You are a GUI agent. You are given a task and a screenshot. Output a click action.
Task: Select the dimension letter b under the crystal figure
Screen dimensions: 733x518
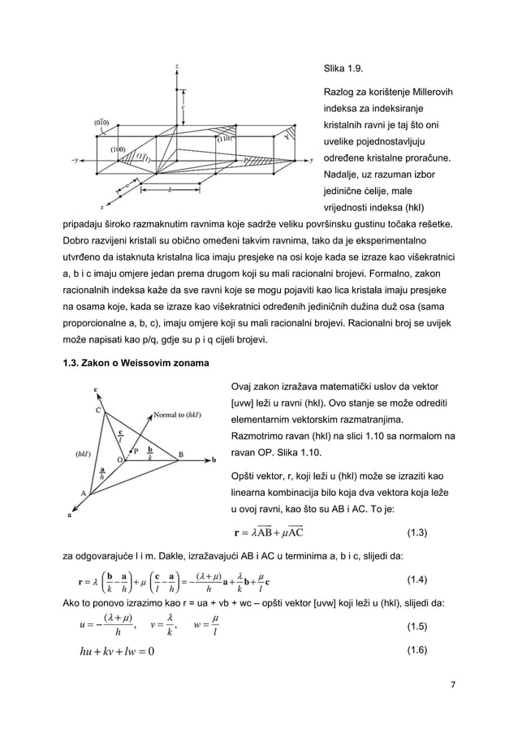tap(170, 190)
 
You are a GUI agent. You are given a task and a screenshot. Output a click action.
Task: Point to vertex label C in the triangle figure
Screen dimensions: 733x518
tap(99, 410)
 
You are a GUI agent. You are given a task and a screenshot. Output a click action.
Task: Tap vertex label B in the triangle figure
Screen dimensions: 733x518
tap(180, 454)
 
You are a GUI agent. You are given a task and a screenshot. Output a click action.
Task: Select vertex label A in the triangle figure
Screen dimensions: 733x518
tap(83, 493)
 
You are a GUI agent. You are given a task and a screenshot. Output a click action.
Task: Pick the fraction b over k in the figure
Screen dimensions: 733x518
tap(149, 452)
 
